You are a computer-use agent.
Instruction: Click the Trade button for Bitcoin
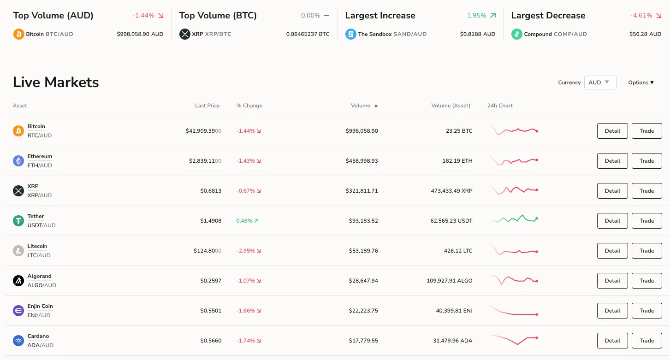[646, 131]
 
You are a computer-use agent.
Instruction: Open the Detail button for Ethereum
[612, 161]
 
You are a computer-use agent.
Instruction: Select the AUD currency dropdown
[600, 83]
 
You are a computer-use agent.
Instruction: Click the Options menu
[641, 83]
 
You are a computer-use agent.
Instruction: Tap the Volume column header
[361, 106]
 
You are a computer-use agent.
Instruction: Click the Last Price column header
[207, 106]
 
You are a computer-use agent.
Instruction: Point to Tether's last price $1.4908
[211, 221]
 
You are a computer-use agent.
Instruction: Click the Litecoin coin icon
[18, 251]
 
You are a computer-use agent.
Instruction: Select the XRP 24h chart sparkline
[514, 190]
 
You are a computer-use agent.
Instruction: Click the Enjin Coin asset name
[40, 306]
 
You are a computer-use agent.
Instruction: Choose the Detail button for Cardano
[612, 341]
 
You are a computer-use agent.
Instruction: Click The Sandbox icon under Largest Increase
[351, 34]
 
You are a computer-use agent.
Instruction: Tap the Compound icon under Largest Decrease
[517, 34]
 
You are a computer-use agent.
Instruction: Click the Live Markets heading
[56, 83]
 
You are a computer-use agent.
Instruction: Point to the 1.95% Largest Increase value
[477, 16]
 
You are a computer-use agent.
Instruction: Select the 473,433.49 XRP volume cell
[451, 191]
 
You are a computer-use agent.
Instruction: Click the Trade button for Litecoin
[646, 251]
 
